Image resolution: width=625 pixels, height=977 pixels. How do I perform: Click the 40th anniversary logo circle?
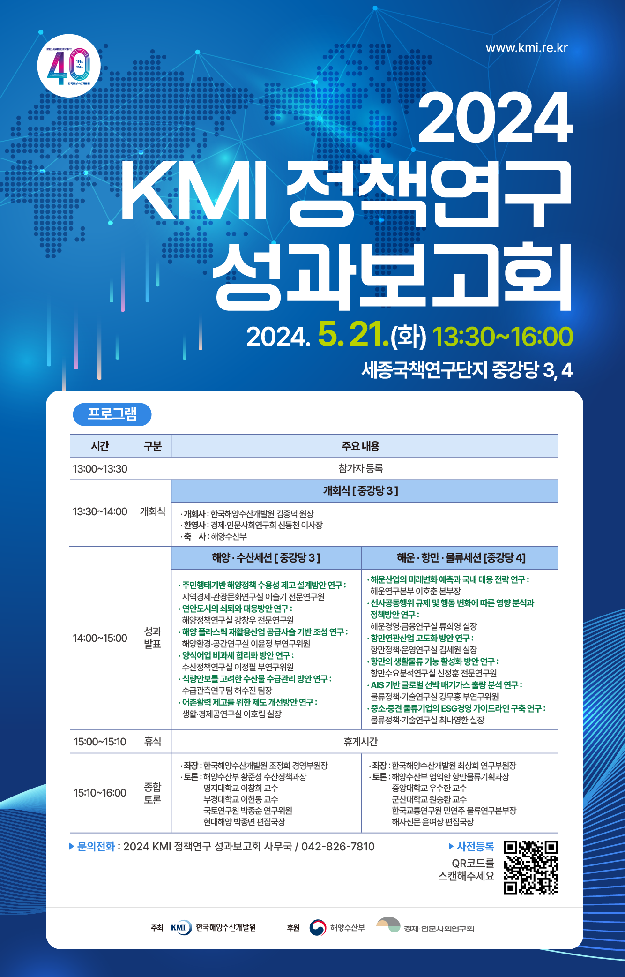[x=69, y=66]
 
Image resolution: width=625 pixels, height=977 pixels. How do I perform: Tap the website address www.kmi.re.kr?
[x=527, y=48]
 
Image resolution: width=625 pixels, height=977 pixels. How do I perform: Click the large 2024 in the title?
[x=495, y=117]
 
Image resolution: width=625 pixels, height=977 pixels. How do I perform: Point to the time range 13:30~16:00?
[x=503, y=337]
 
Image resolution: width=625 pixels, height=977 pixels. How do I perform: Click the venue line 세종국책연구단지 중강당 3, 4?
[x=467, y=370]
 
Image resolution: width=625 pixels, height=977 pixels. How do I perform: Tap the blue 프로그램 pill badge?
[x=112, y=414]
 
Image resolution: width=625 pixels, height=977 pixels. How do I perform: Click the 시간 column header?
[x=100, y=446]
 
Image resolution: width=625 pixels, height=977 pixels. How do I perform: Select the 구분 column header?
[x=153, y=446]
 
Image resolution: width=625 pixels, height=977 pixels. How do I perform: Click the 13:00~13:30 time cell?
[x=100, y=469]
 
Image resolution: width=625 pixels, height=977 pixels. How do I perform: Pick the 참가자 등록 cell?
[x=361, y=468]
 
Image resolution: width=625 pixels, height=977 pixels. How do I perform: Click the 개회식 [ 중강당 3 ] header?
[x=361, y=491]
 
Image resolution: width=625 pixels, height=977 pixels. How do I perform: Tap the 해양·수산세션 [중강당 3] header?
[x=266, y=558]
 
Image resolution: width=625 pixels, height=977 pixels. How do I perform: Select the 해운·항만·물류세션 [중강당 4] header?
[x=461, y=558]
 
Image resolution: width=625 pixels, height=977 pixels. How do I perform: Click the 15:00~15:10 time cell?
[x=100, y=742]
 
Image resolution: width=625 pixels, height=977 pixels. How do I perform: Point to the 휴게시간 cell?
[x=361, y=742]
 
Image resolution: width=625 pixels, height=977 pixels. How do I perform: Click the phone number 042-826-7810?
[x=338, y=847]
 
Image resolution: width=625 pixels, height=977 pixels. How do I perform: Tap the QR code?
[x=531, y=868]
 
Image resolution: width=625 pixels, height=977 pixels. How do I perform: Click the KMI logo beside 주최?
[x=181, y=928]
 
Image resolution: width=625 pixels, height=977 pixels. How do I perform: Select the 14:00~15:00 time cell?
[x=100, y=638]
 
